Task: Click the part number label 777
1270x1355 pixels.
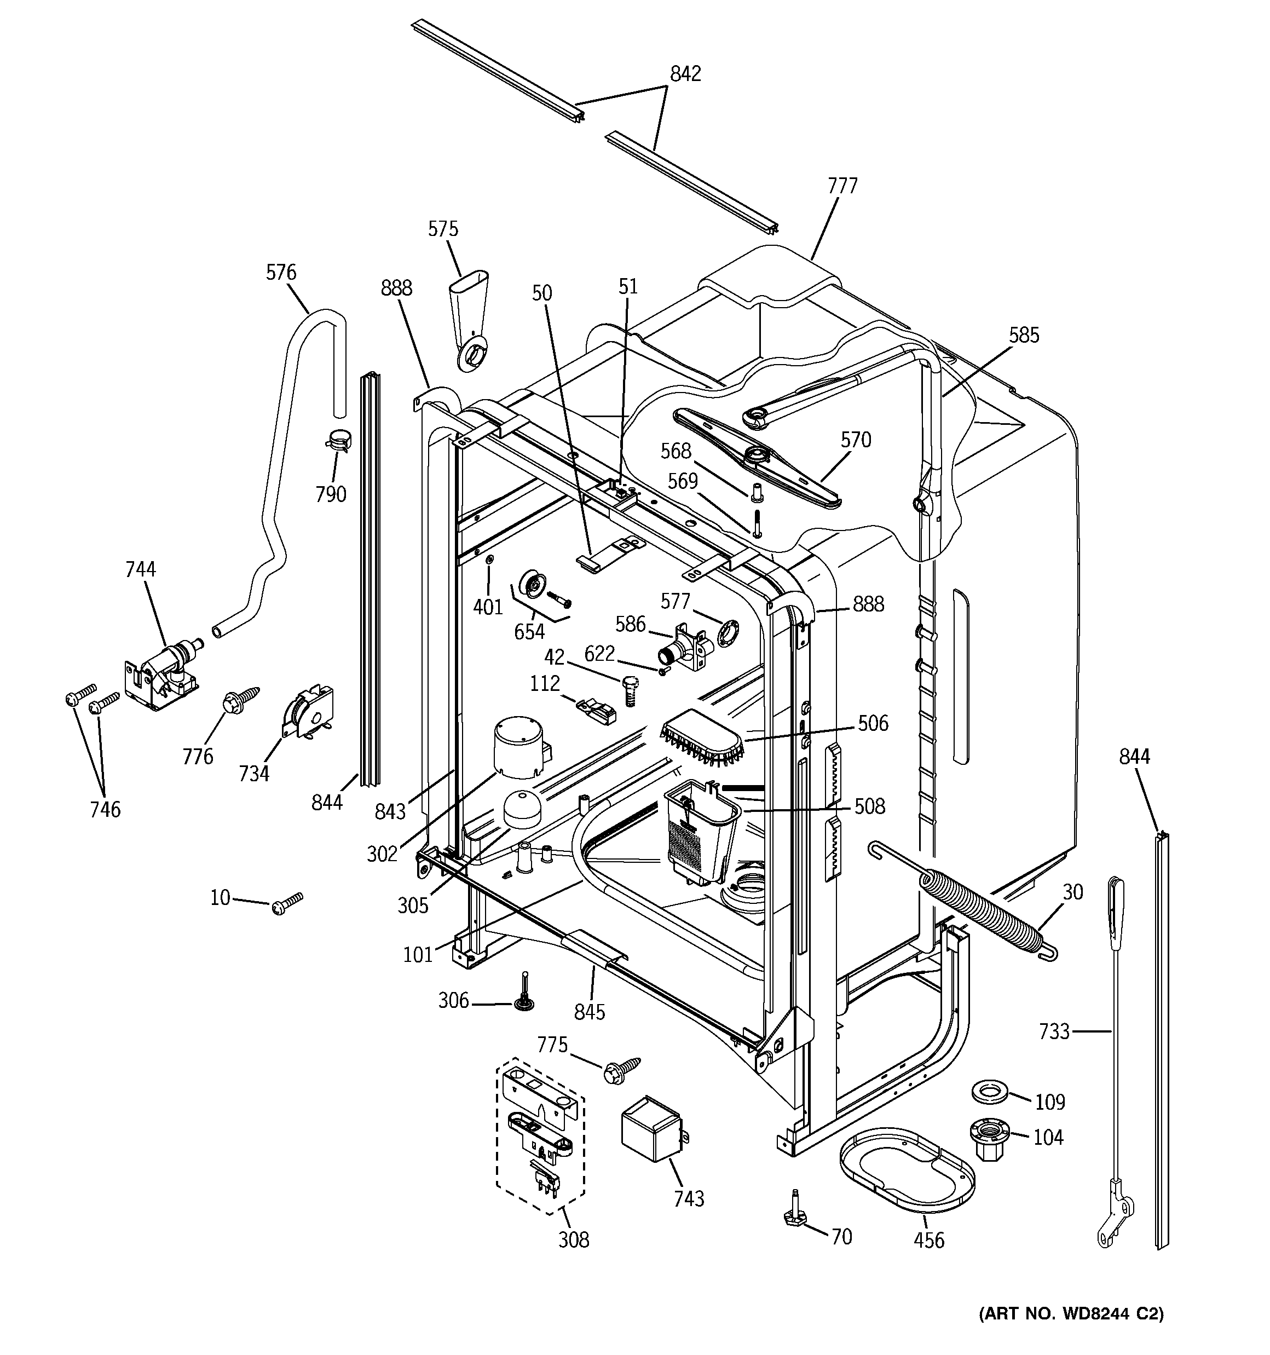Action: coord(842,186)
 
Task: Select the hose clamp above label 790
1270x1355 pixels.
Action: coord(338,440)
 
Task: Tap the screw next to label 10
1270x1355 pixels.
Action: coord(287,904)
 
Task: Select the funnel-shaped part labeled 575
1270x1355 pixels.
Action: coord(467,321)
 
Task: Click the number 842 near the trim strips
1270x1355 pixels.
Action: coord(685,73)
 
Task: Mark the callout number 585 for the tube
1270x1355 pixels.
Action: coord(1024,336)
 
